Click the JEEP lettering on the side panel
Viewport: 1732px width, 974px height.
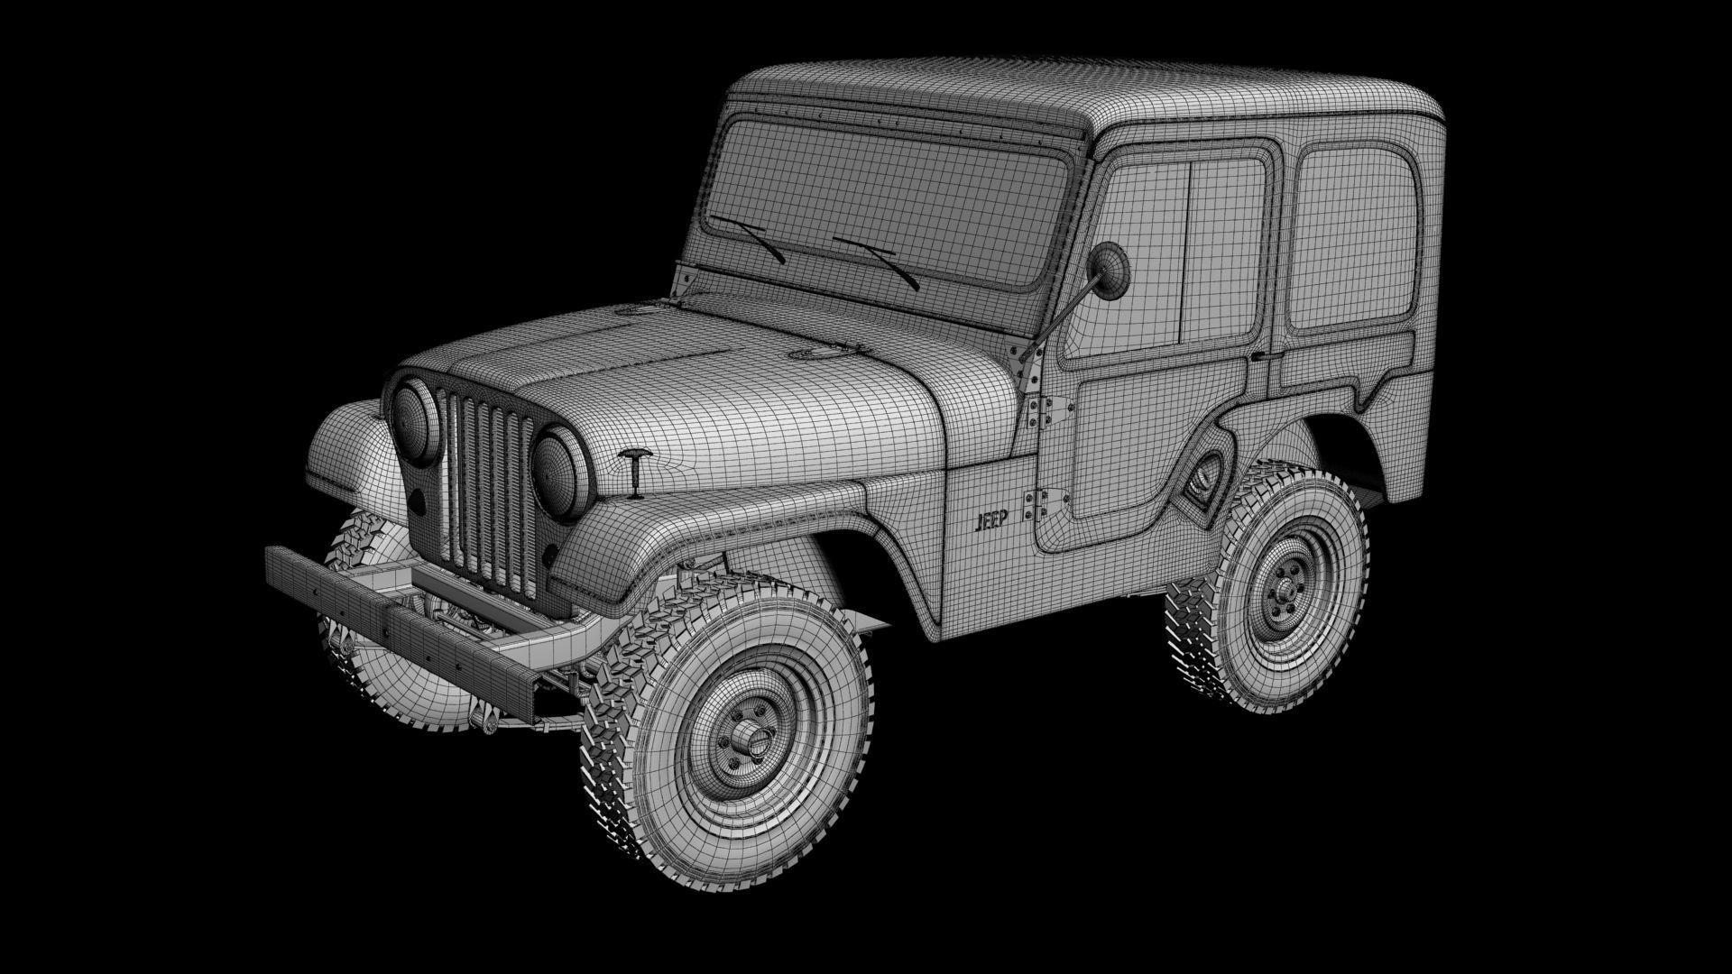(x=992, y=520)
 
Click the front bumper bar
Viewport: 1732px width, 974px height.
(x=397, y=621)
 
